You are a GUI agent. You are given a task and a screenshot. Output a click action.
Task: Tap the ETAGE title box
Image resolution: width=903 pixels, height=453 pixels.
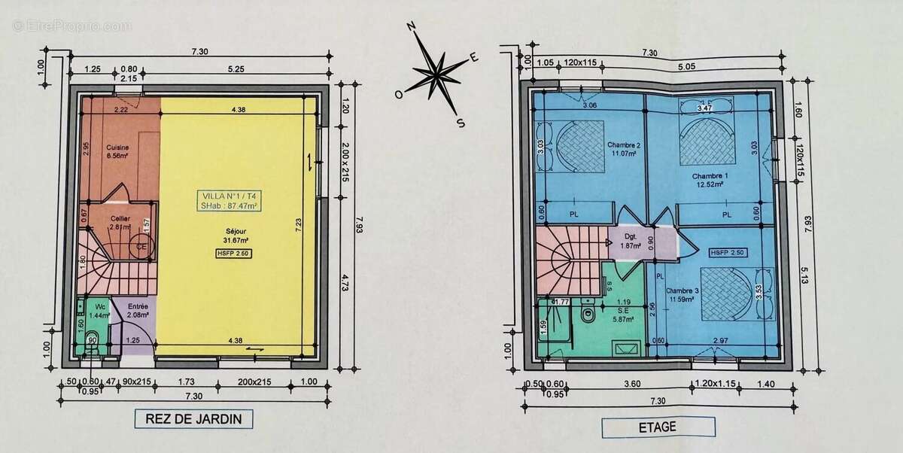coord(658,427)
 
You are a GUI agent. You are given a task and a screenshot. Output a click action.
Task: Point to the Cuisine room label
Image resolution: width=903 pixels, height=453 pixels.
coord(117,151)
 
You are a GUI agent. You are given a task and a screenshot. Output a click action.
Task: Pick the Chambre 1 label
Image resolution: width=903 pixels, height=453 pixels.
coord(707,179)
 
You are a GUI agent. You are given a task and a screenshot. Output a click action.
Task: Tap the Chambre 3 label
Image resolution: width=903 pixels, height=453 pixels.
coord(680,296)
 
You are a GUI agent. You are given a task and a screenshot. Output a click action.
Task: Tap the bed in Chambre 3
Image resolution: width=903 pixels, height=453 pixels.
coord(723,291)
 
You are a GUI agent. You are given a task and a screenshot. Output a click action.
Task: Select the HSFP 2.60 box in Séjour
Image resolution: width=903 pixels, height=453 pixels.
coord(232,254)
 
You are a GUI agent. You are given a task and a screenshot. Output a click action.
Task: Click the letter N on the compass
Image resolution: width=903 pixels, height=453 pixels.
coord(412,26)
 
